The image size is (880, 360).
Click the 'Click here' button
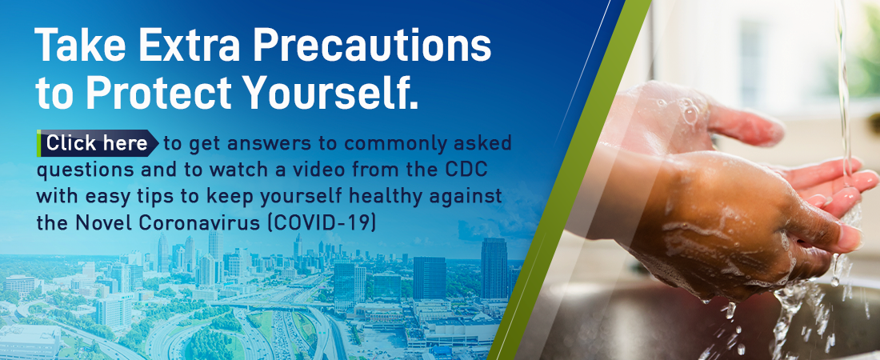tap(98, 143)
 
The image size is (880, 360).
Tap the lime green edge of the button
tap(38, 143)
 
